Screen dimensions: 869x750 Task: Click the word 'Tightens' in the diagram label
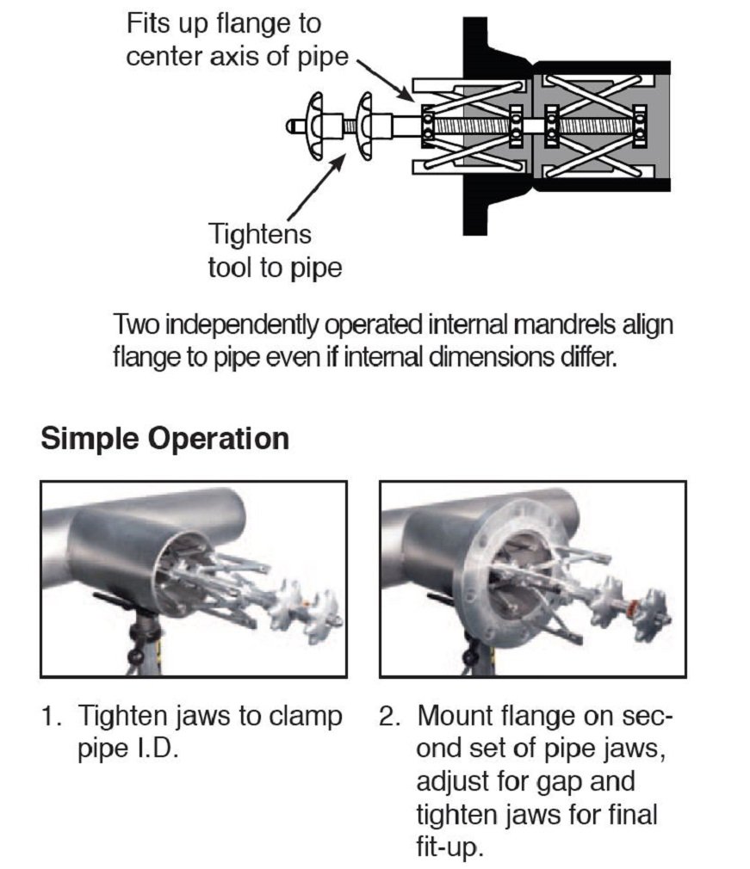[259, 233]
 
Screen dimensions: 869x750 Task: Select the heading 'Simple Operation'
[164, 439]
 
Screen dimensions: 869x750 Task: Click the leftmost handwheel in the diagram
[315, 126]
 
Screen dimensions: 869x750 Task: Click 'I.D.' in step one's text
[156, 747]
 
